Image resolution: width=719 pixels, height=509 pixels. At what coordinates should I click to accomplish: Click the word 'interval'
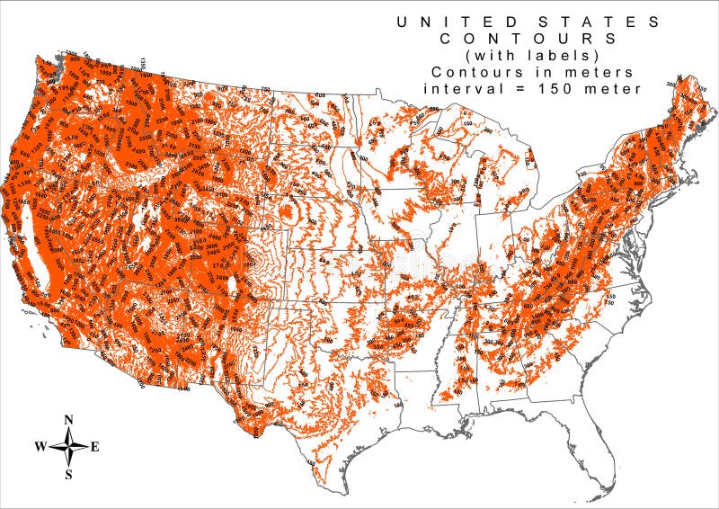[x=460, y=88]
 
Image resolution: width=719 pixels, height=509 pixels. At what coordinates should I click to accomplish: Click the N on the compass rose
[x=69, y=420]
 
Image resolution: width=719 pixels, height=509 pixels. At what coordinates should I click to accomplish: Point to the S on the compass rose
[x=69, y=473]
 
